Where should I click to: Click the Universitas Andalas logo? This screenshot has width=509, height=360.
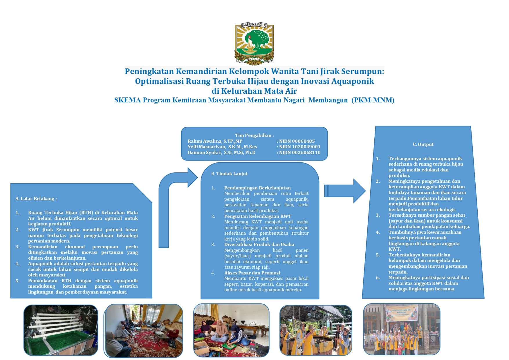pos(254,44)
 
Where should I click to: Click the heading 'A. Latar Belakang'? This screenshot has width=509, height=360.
pos(36,199)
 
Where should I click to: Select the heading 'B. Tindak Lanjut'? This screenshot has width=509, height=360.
pos(229,174)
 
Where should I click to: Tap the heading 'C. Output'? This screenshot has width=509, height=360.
pos(423,144)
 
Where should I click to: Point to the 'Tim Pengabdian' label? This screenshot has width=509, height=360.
pos(254,135)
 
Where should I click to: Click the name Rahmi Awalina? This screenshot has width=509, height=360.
pos(215,141)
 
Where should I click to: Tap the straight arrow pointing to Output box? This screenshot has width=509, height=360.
pos(345,191)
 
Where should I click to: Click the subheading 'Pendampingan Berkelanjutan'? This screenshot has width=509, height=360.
pos(257,188)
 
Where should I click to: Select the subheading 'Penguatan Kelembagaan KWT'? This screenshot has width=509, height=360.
pos(258,216)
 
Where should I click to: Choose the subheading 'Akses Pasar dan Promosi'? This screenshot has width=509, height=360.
pos(252,273)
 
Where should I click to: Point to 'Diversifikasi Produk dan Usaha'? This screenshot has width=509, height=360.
pos(259,245)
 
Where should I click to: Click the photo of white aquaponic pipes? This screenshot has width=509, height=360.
pos(61,330)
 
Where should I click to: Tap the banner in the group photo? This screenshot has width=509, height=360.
pos(401,313)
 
